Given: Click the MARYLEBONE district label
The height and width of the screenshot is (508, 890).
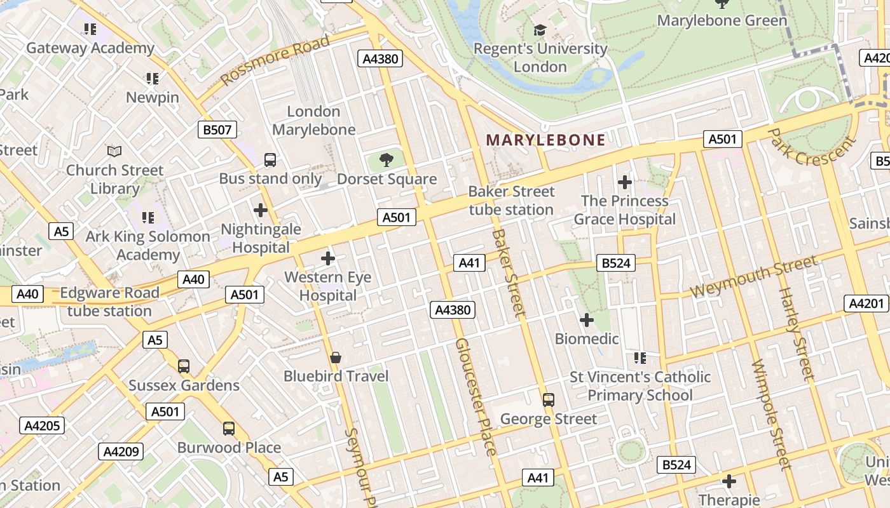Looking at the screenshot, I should (x=545, y=140).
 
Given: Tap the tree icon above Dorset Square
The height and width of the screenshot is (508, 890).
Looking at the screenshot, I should (x=387, y=159).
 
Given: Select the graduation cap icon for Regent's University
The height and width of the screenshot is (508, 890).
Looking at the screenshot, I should (x=540, y=30).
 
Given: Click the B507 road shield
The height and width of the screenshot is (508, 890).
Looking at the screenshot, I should (x=217, y=130).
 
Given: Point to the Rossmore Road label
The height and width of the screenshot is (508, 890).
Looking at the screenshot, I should (x=275, y=61).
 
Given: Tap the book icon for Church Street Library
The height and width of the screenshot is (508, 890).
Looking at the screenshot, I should (x=114, y=151).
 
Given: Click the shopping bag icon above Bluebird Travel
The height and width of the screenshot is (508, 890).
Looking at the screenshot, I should (x=336, y=358).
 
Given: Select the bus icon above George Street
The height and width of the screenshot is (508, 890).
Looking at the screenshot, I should (x=548, y=400).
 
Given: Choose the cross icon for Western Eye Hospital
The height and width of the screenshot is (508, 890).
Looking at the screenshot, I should (x=328, y=258).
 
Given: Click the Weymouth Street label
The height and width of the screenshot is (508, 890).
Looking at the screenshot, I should (x=754, y=277).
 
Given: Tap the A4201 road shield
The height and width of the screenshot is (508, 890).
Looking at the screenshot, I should (x=866, y=304).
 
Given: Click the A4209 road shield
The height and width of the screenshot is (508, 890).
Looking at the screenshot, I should (x=121, y=451).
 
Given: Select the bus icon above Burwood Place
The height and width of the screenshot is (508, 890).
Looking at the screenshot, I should (x=229, y=429).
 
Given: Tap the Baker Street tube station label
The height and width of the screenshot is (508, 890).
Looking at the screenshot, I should (x=512, y=201).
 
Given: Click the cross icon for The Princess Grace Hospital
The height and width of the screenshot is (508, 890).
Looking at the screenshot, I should (x=625, y=182).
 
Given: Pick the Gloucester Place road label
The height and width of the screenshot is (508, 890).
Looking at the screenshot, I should (x=476, y=397).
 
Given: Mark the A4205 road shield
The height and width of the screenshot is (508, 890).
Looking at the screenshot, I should (x=42, y=425).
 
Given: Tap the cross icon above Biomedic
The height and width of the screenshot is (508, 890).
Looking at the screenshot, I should (x=587, y=319).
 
